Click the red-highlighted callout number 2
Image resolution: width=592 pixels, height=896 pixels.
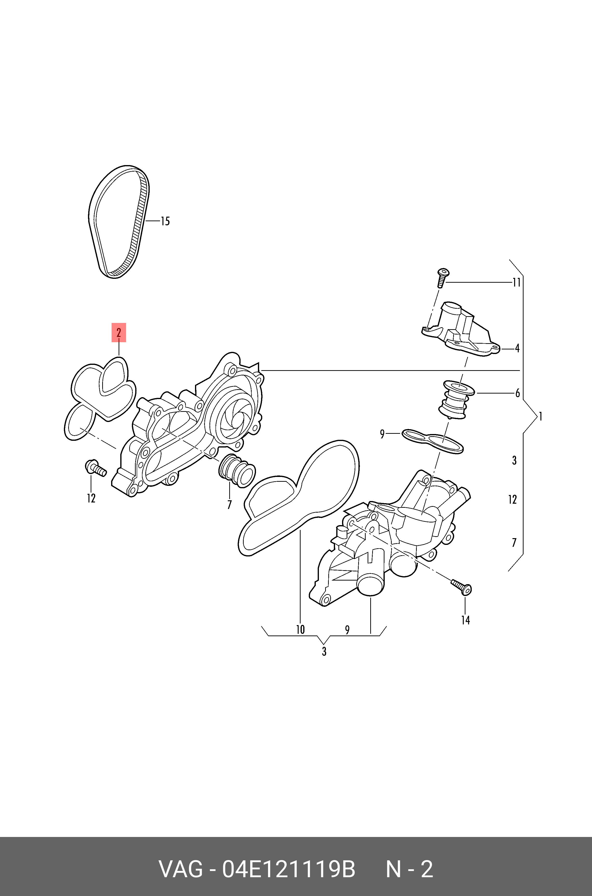point(119,333)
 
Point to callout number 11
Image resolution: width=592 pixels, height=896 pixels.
point(516,282)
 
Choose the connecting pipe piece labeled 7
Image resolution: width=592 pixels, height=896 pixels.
point(237,471)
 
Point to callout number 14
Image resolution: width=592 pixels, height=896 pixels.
point(465,620)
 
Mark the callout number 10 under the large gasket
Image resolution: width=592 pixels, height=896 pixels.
point(300,629)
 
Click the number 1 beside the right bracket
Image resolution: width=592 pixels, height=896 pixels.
point(541,417)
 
